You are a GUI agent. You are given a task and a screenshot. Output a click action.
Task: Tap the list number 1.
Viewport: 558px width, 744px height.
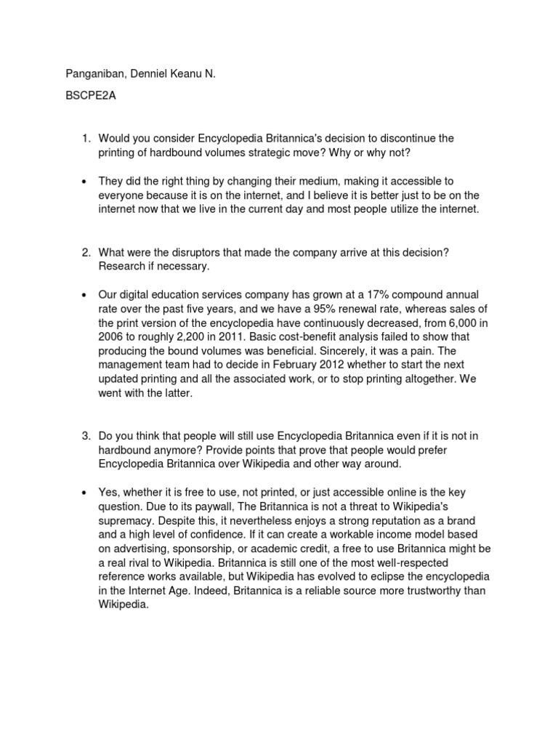85,138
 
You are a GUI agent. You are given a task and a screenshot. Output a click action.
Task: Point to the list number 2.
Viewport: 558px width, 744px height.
85,251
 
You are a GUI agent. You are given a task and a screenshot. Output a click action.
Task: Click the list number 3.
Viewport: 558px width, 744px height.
85,435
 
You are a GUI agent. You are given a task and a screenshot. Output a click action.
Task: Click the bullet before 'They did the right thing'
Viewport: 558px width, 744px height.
84,180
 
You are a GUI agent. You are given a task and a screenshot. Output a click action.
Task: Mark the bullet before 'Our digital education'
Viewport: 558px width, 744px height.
84,294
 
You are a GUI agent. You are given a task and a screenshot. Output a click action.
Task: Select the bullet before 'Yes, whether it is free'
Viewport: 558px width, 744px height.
84,477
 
